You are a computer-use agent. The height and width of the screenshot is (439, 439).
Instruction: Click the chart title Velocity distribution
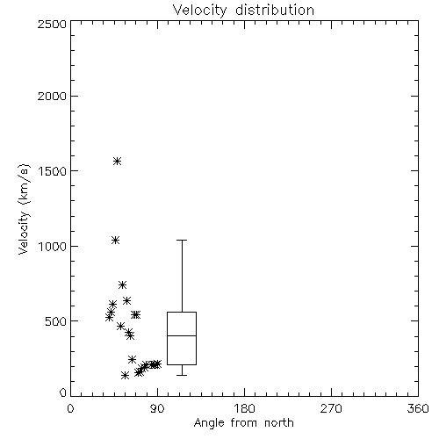(x=243, y=11)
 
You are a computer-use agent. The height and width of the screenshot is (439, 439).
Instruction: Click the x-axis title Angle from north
(x=243, y=422)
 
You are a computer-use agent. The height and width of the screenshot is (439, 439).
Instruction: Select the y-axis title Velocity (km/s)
(x=24, y=209)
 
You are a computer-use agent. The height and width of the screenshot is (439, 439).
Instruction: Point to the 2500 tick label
(x=52, y=24)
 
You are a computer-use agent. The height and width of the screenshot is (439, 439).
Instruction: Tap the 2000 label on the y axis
(x=52, y=96)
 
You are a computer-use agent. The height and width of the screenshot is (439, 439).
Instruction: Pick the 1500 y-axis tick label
(x=53, y=171)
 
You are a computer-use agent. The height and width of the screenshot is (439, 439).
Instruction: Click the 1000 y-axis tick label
(x=53, y=246)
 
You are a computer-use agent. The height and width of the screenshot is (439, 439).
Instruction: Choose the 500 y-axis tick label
(x=56, y=321)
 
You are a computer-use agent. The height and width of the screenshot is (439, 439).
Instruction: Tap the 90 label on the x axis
(x=158, y=408)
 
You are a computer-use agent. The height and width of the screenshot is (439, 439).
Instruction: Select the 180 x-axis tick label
(x=244, y=408)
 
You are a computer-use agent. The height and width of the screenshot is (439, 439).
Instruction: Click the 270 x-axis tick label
(x=331, y=408)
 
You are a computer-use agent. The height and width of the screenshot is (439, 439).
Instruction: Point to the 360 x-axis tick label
(x=418, y=408)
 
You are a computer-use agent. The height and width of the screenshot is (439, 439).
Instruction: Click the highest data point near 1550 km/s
(x=117, y=161)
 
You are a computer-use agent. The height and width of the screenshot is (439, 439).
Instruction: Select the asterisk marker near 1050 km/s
(x=115, y=240)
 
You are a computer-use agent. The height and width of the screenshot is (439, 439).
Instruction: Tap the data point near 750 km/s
(x=122, y=284)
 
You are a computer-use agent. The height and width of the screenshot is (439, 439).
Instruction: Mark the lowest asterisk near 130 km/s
(x=125, y=375)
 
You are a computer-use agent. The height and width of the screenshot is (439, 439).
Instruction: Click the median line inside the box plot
(x=182, y=335)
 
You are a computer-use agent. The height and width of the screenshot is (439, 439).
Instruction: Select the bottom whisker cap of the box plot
(x=182, y=375)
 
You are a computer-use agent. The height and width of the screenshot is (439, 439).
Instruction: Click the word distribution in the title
(x=275, y=11)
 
